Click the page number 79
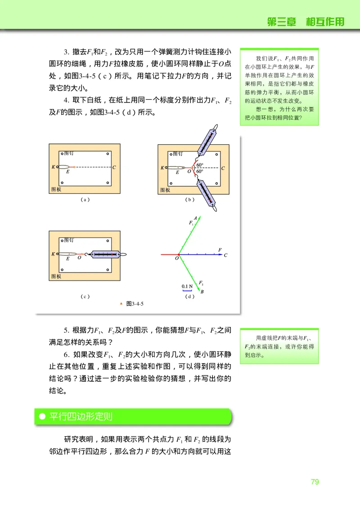click(x=315, y=482)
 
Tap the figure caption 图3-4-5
click(x=135, y=304)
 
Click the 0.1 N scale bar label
click(x=187, y=286)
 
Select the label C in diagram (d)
click(x=225, y=255)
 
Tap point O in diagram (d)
click(x=177, y=259)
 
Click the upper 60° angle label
click(x=199, y=165)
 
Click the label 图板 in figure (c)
click(x=56, y=276)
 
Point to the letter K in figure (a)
click(x=53, y=167)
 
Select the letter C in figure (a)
click(x=114, y=167)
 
